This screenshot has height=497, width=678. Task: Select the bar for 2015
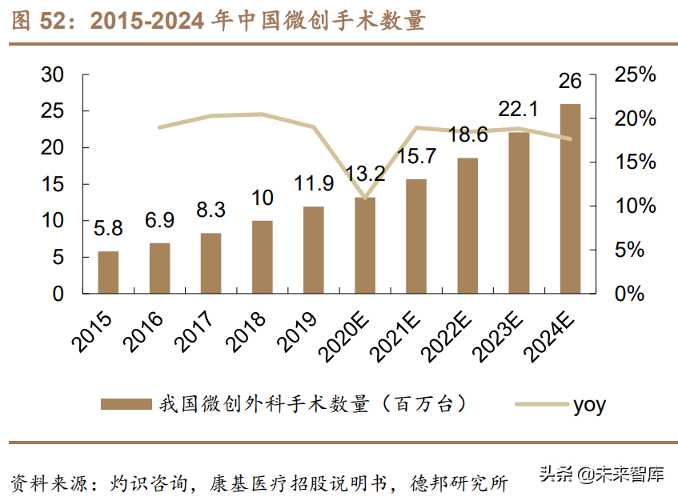[x=108, y=272]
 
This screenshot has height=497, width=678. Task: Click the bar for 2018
[x=263, y=257]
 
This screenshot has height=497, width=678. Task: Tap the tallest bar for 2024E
[x=570, y=198]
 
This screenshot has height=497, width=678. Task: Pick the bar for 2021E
[x=416, y=236]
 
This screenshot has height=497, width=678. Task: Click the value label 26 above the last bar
[x=570, y=81]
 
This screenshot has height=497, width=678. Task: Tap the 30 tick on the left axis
[x=52, y=75]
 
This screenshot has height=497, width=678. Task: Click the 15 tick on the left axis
[x=52, y=185]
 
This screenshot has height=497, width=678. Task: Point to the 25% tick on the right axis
[x=634, y=75]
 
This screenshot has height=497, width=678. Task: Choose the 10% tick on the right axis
[x=634, y=206]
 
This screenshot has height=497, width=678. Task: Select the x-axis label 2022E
[x=449, y=332]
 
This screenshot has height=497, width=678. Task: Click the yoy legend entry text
[x=589, y=405]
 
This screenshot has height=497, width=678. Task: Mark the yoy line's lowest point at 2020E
[x=365, y=198]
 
